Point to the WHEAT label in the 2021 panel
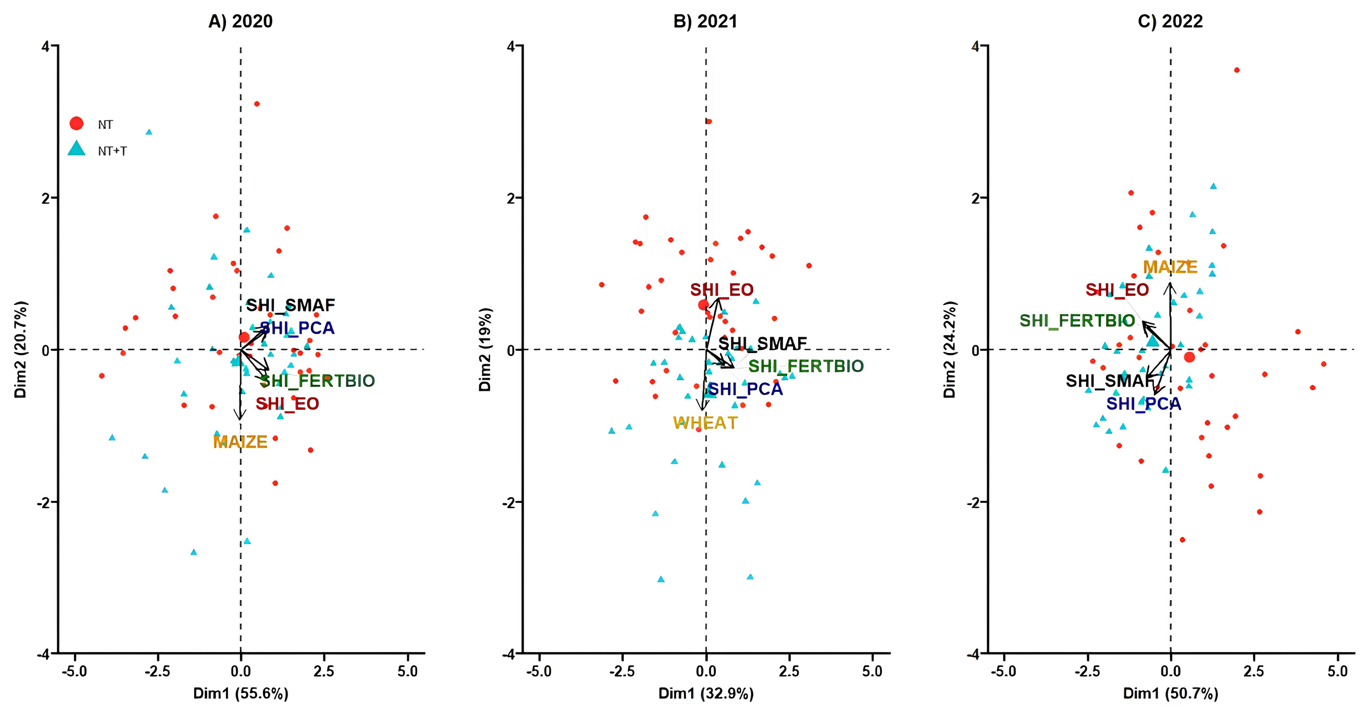pos(705,423)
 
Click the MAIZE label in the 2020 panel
pos(240,442)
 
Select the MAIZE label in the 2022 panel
pos(1170,267)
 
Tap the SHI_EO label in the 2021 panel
pos(722,290)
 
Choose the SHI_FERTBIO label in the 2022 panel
pos(1077,321)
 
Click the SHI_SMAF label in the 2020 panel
pos(291,305)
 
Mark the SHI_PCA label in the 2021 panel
pos(746,389)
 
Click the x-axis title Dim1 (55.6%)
pos(240,694)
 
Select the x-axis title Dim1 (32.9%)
pos(706,694)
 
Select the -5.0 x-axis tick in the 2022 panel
pos(1004,671)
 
